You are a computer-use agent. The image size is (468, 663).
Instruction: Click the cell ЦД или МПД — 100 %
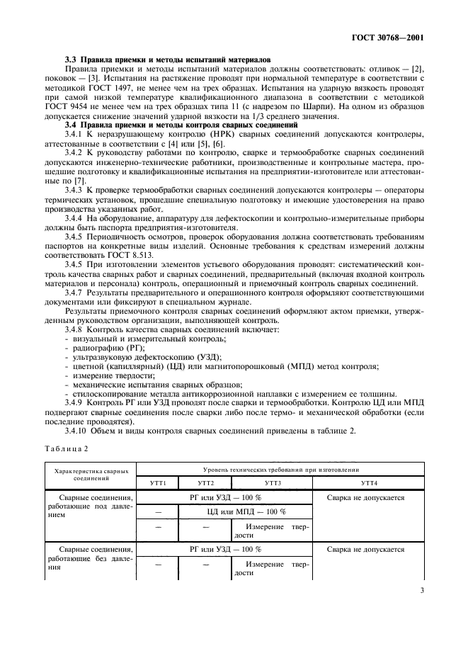[x=246, y=511]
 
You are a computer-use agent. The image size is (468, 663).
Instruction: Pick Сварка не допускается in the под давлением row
[x=366, y=498]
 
